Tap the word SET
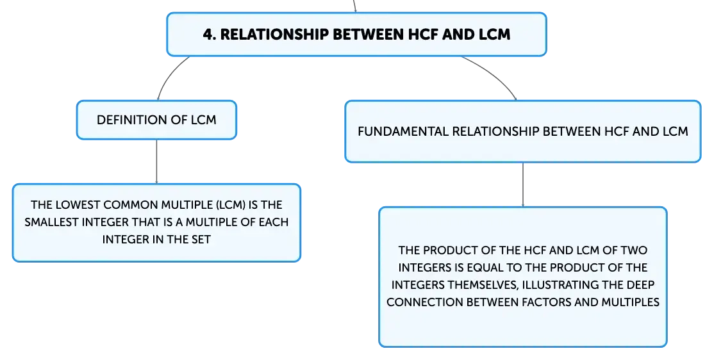tap(201, 240)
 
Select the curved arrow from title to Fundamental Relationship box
tap(494, 73)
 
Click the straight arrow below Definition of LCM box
tap(156, 161)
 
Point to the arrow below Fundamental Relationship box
tap(523, 184)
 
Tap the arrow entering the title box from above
tap(354, 6)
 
